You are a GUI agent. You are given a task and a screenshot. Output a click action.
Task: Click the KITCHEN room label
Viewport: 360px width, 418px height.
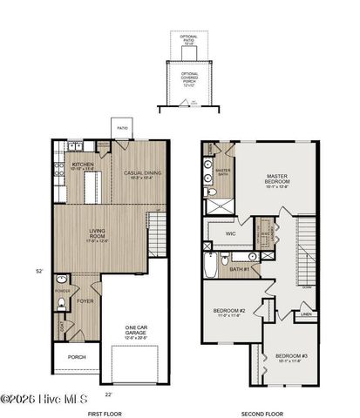(x=84, y=164)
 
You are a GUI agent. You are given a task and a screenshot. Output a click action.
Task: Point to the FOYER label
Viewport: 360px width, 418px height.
(x=84, y=301)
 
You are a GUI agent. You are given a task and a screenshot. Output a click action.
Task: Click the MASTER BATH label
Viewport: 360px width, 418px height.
(x=223, y=172)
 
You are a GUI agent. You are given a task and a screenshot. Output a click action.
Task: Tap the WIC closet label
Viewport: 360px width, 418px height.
(x=230, y=233)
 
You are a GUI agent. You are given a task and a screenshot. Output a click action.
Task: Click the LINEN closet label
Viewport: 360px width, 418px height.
(x=305, y=313)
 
